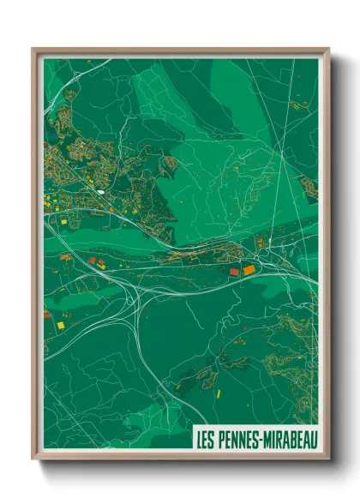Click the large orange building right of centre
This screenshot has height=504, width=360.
click(x=249, y=270)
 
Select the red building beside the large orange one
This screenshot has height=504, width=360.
click(x=233, y=272)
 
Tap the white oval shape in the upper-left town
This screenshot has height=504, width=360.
click(x=101, y=192)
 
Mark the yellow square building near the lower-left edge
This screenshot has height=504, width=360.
click(x=62, y=326)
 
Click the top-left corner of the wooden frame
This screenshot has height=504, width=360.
click(x=33, y=49)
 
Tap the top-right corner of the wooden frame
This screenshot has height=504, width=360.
click(x=328, y=49)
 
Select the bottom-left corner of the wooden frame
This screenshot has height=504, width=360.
click(x=33, y=460)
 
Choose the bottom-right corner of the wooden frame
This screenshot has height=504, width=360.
click(x=328, y=460)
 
